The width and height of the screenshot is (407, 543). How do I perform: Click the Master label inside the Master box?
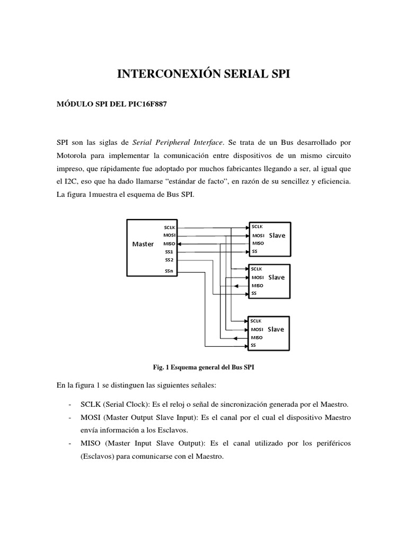[143, 244]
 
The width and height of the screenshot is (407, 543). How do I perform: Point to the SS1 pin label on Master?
[169, 252]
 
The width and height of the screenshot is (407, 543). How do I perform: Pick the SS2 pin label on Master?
[169, 260]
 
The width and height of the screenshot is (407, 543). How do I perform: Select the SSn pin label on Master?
[169, 272]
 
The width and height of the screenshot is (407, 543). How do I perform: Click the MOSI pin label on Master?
[170, 235]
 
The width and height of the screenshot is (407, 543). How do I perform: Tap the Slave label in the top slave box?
[276, 235]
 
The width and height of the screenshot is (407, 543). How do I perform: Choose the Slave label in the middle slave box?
[276, 277]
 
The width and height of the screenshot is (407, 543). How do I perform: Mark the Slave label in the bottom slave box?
[276, 329]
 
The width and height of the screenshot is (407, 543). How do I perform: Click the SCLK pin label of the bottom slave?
[256, 321]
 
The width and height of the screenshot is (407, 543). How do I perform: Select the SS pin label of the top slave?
[254, 251]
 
